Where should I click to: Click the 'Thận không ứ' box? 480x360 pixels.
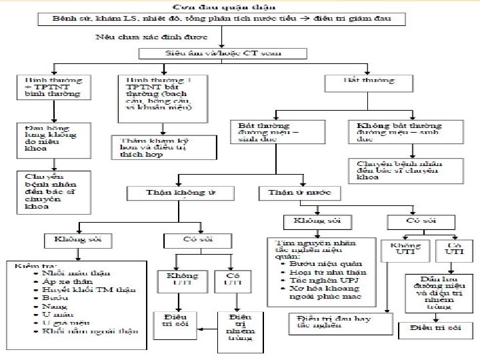click(x=181, y=193)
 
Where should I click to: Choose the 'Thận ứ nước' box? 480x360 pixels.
click(x=299, y=193)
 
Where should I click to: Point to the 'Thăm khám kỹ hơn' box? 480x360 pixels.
click(x=164, y=147)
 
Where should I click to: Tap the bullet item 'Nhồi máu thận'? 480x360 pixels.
click(x=75, y=273)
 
